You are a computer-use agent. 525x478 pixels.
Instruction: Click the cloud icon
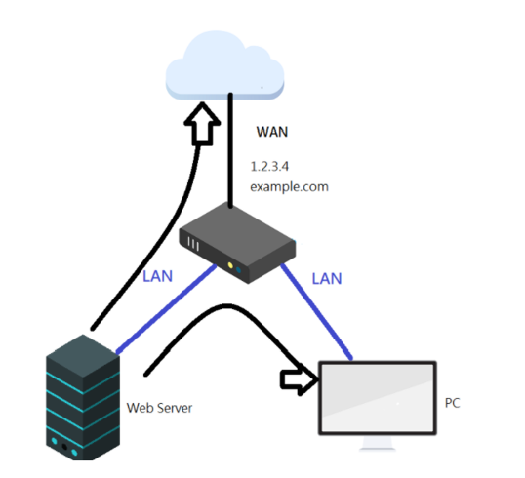[224, 65]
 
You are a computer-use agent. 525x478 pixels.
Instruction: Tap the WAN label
[272, 132]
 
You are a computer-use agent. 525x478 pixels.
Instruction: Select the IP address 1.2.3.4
[269, 167]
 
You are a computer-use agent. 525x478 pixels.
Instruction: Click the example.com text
[289, 186]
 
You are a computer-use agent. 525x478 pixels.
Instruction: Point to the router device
[237, 243]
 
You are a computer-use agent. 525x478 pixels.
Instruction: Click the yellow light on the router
[230, 265]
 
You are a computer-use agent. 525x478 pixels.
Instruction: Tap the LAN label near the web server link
[157, 276]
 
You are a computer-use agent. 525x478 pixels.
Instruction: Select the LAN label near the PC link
[327, 278]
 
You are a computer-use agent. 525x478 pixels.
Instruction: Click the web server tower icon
[83, 397]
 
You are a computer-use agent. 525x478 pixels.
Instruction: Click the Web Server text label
[159, 408]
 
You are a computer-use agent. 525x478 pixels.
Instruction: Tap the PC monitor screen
[378, 398]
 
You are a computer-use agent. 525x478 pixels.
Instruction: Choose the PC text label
[453, 403]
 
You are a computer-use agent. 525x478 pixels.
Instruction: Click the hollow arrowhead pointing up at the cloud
[202, 123]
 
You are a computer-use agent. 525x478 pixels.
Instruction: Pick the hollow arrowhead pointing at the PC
[299, 379]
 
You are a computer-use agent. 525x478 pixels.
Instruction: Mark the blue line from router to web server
[166, 308]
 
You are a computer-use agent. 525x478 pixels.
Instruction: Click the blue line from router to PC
[316, 312]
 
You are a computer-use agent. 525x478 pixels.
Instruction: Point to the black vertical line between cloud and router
[230, 150]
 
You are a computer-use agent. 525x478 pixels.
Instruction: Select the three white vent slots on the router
[193, 243]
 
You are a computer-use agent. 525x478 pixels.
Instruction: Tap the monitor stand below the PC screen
[378, 443]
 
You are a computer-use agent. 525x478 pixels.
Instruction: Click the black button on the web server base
[64, 447]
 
